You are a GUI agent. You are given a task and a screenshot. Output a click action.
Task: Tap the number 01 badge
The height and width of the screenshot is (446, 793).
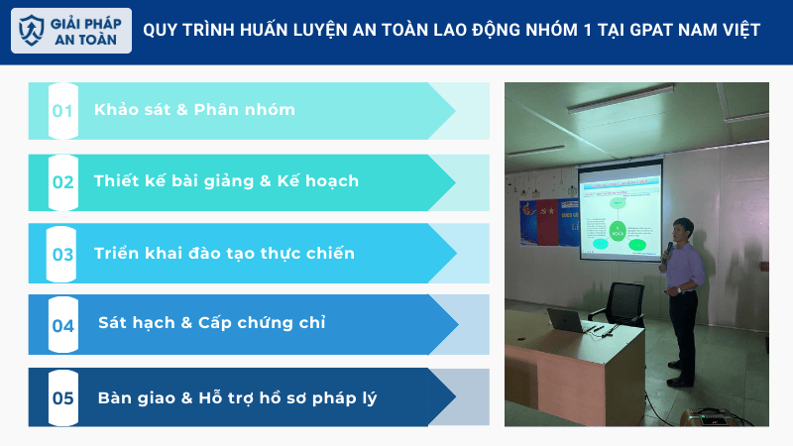63,111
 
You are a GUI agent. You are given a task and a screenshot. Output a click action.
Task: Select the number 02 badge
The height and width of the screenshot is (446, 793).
63,182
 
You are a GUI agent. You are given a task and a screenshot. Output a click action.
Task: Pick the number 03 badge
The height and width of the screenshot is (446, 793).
63,254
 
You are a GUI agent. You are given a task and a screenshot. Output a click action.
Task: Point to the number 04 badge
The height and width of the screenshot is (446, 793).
63,325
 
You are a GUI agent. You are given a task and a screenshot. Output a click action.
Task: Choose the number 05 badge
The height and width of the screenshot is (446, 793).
63,398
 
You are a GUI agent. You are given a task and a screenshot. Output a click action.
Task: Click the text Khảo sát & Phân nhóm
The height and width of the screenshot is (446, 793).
194,110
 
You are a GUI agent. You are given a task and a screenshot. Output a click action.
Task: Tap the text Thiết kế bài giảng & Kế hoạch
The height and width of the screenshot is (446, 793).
226,181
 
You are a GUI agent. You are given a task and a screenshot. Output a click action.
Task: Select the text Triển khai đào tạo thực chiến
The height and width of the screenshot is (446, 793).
224,254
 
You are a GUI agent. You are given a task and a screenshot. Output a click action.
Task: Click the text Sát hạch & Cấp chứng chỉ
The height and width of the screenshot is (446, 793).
212,323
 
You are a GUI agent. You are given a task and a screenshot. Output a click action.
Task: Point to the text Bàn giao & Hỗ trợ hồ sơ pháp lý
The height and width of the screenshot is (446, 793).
237,398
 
